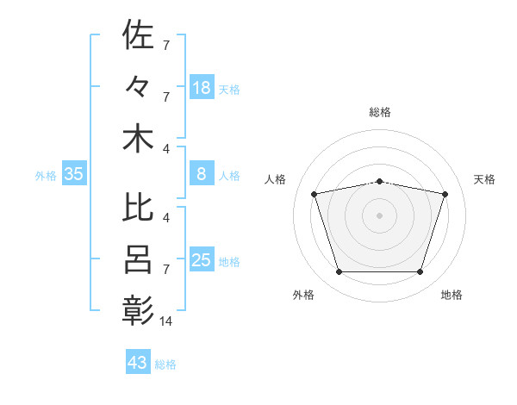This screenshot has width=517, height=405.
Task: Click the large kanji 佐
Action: (138, 34)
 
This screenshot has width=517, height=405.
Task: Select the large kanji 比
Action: (138, 207)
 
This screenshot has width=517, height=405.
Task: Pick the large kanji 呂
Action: (138, 259)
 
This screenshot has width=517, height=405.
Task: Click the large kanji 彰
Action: (138, 310)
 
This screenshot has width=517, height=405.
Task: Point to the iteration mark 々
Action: (136, 86)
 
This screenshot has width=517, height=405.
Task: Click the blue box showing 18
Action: (202, 87)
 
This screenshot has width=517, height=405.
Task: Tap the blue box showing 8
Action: (202, 173)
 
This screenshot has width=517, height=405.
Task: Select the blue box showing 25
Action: (202, 259)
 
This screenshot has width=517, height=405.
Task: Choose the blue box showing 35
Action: (74, 173)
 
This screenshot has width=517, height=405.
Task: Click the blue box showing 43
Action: (138, 361)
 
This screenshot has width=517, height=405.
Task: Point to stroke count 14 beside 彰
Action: (165, 321)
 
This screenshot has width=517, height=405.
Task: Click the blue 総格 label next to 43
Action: (165, 364)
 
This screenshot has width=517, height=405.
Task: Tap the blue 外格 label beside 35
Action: (46, 176)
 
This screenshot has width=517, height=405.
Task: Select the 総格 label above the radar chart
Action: (380, 112)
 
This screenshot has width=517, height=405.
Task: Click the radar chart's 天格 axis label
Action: (484, 179)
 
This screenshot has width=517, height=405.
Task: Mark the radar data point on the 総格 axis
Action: (379, 182)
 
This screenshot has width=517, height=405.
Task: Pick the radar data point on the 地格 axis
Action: (420, 271)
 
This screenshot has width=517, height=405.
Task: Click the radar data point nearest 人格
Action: (314, 194)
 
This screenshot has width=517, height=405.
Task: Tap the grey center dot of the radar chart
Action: (379, 215)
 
